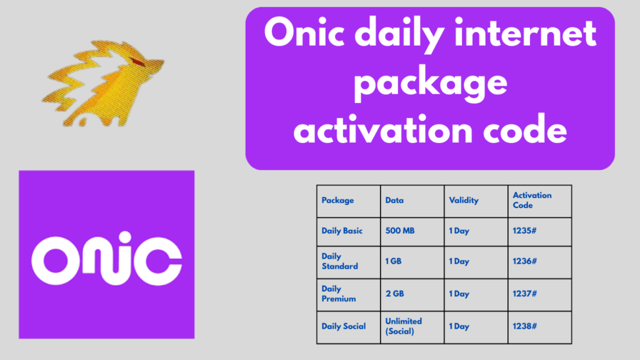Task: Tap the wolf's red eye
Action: [138, 62]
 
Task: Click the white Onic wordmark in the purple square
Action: [106, 258]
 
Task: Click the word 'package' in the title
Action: [430, 84]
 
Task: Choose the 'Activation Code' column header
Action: [532, 200]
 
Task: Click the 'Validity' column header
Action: [464, 201]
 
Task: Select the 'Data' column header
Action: [394, 201]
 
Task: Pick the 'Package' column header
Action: [337, 201]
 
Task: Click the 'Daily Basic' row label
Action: [342, 231]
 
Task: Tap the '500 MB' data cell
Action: [400, 231]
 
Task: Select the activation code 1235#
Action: [524, 231]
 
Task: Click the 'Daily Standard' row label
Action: [339, 261]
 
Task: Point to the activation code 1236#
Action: [524, 261]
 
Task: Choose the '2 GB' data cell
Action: [395, 294]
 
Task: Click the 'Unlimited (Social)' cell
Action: [404, 326]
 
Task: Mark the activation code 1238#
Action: [524, 326]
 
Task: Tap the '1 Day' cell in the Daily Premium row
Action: [459, 294]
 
